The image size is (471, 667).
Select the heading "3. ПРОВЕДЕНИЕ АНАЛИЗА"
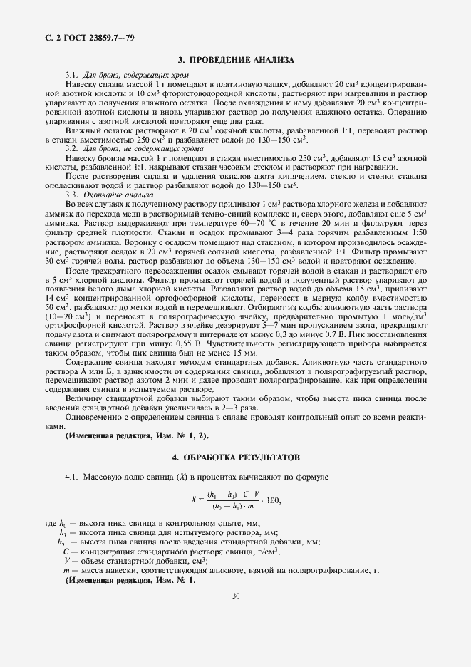click(235, 61)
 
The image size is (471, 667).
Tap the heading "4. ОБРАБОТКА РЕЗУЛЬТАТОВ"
click(235, 455)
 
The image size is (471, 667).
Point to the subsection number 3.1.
click(72, 75)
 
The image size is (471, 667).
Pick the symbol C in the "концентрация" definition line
click(66, 551)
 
